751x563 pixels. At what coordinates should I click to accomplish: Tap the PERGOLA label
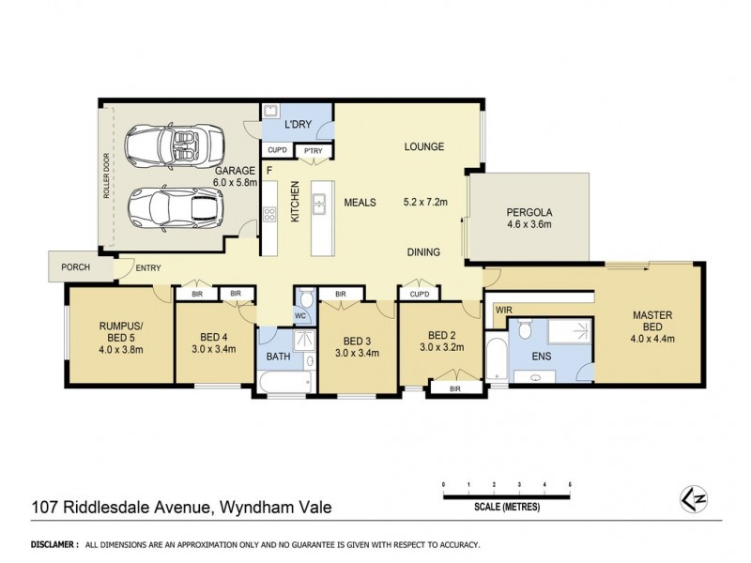pos(527,212)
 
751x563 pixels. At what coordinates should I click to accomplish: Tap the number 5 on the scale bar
pos(571,484)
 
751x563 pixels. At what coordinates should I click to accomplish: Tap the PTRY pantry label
pos(309,150)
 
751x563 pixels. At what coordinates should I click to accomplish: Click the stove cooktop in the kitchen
pos(270,214)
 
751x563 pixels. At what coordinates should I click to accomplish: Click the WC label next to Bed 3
pos(302,315)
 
